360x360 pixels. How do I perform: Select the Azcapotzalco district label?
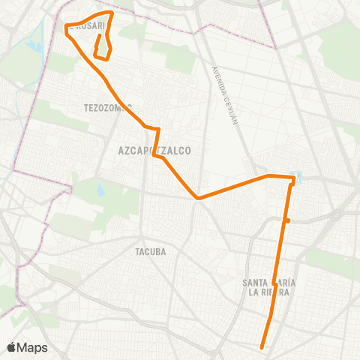pyautogui.click(x=154, y=151)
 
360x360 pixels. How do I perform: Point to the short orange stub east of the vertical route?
pyautogui.click(x=287, y=220)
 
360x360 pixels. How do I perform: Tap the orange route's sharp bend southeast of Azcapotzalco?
pyautogui.click(x=197, y=198)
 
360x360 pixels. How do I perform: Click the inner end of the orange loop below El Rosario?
pyautogui.click(x=100, y=34)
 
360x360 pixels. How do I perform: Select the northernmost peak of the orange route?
pyautogui.click(x=112, y=13)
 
